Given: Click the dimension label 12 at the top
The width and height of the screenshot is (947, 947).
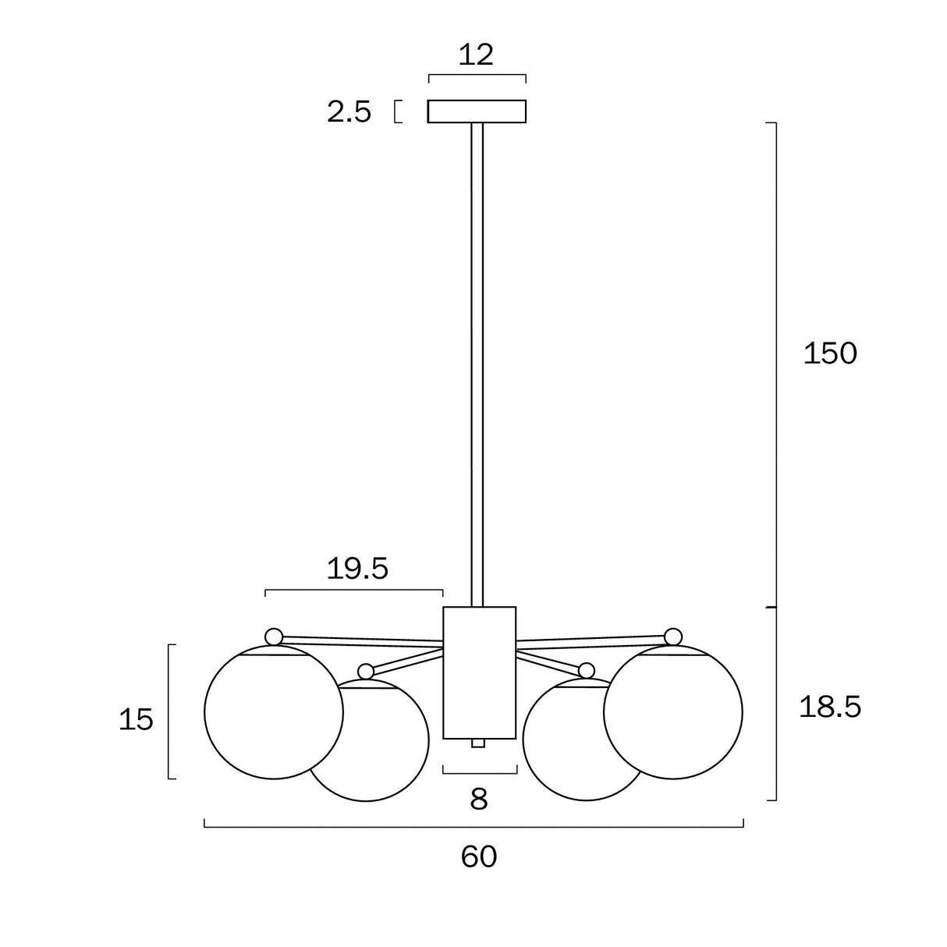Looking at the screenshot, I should tap(476, 55).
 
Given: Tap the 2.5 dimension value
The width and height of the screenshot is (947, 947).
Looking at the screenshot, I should tap(349, 112).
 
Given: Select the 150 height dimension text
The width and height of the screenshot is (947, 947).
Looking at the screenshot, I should tap(830, 354).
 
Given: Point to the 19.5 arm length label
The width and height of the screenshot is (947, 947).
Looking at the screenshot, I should tap(356, 569).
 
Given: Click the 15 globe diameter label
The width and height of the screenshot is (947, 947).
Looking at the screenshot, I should tap(136, 719).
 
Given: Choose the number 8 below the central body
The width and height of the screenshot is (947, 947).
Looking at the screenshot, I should tap(479, 799).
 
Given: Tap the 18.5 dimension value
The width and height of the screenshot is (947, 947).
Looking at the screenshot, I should tap(830, 707).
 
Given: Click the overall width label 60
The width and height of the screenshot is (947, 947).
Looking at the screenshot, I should tap(478, 857).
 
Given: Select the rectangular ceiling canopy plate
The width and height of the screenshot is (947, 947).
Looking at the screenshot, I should tap(477, 112).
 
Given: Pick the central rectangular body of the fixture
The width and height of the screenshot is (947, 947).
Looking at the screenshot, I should tap(479, 672).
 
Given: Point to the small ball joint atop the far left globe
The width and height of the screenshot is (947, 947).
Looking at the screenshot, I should tap(274, 637).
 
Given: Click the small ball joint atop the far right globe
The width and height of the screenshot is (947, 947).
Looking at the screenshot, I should tap(672, 637).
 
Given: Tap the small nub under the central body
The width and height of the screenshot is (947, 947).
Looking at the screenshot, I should tap(478, 743).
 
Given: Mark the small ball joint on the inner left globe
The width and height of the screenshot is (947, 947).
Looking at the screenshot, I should tap(366, 671).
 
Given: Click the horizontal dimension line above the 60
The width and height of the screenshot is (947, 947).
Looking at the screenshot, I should tap(473, 825).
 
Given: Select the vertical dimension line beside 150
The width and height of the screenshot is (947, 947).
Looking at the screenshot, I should tap(775, 359).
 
